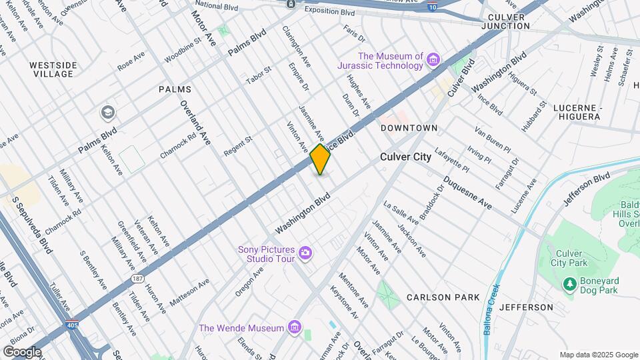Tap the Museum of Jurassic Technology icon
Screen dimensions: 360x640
[434, 61]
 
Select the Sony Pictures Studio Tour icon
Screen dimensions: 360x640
[305, 252]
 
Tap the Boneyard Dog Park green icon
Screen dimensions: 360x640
[569, 285]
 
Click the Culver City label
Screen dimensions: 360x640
[407, 157]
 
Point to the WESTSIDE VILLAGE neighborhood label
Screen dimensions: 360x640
[53, 69]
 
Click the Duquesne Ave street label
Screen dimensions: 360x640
[467, 193]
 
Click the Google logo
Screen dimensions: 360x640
[22, 351]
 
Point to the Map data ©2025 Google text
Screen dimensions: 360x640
[598, 355]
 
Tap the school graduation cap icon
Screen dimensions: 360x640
[107, 113]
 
